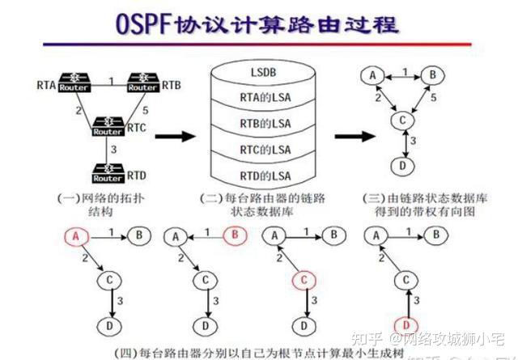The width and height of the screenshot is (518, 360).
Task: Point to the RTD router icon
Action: pyautogui.click(x=108, y=175)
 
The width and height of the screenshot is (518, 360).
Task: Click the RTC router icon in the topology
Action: pyautogui.click(x=108, y=127)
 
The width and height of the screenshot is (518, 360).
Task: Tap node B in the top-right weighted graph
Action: pyautogui.click(x=434, y=76)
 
